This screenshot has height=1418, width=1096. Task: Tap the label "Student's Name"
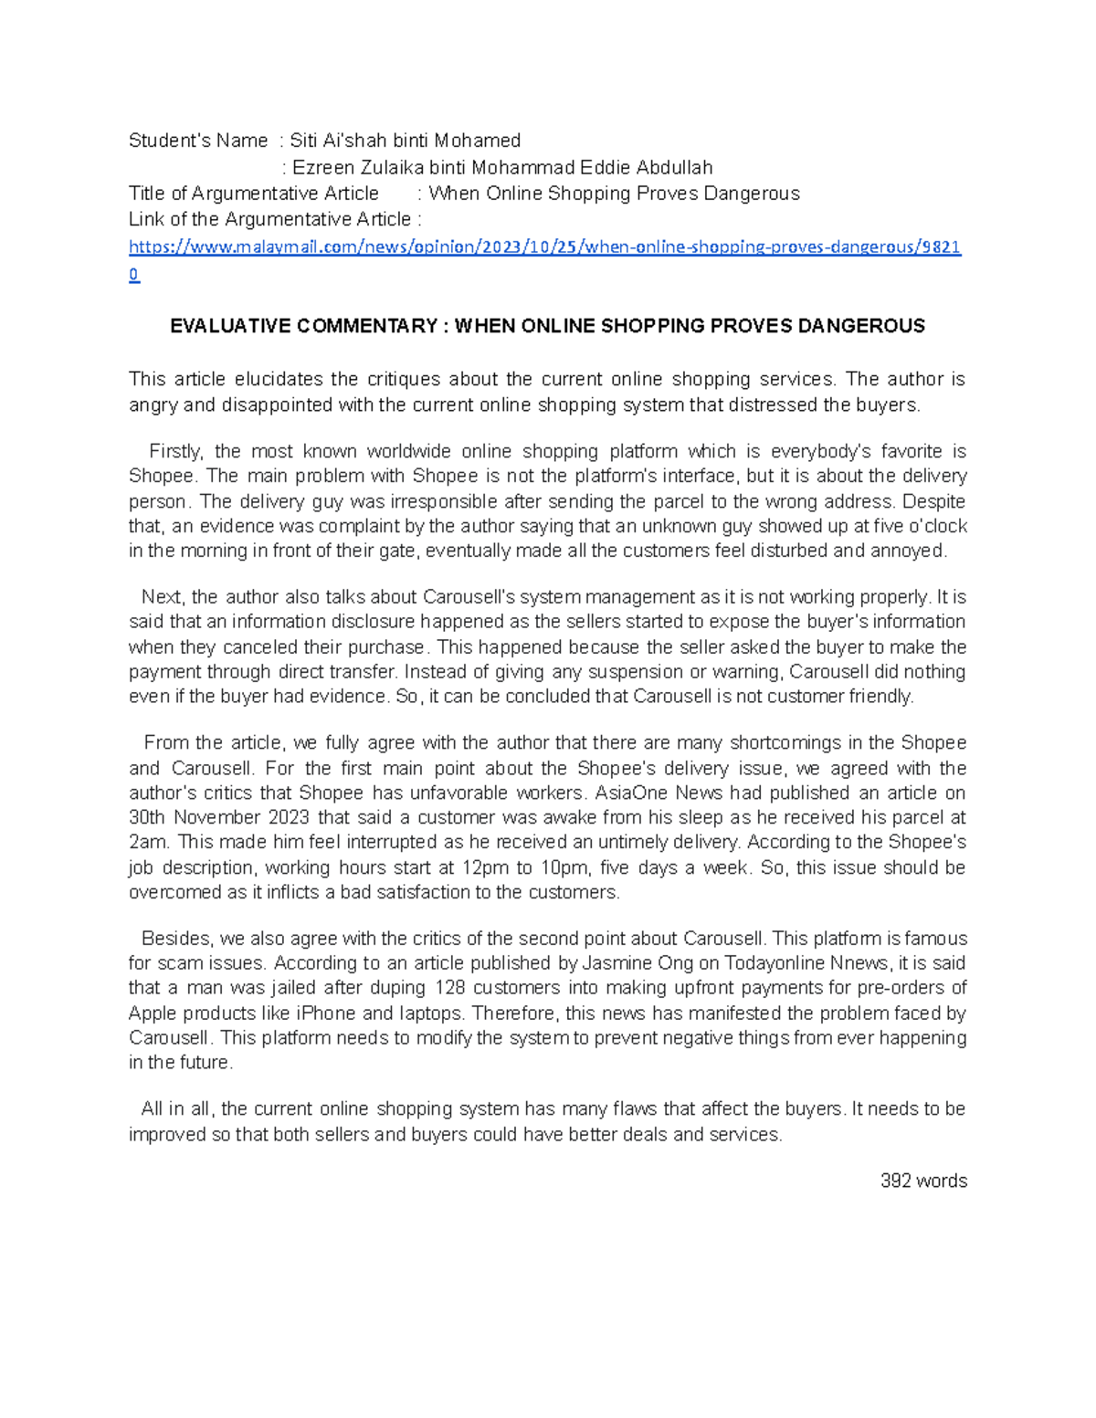click(x=198, y=141)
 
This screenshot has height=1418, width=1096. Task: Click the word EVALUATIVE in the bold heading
click(x=230, y=326)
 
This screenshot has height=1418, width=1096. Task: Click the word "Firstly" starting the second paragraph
click(x=177, y=451)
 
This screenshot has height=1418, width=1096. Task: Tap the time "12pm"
click(x=487, y=867)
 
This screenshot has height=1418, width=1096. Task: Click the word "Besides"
click(x=176, y=939)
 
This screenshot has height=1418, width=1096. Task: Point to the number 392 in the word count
click(x=895, y=1181)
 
